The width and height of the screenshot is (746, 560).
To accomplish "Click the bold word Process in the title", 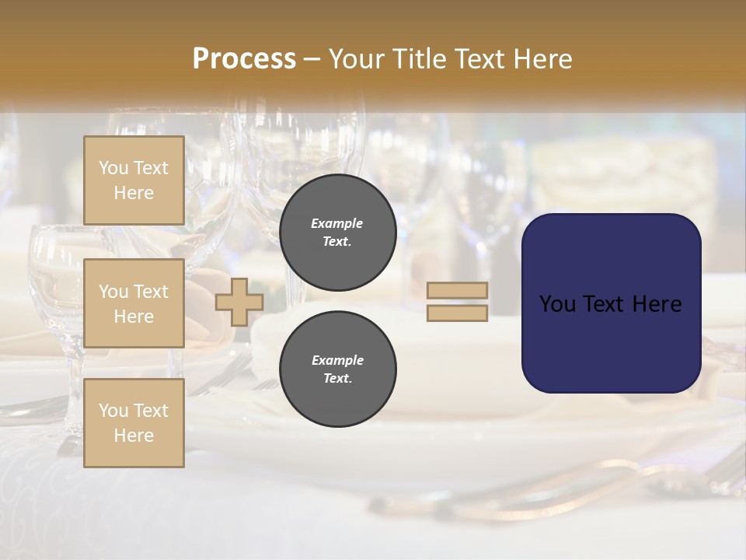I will click(244, 59).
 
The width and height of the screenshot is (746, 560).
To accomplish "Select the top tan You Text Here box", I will click(134, 180).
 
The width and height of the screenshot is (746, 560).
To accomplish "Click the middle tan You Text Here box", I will click(134, 303).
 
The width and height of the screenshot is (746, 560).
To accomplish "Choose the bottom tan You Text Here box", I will click(134, 423).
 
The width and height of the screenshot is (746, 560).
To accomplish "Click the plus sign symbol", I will click(239, 302).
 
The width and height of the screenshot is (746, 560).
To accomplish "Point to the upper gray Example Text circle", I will click(337, 232).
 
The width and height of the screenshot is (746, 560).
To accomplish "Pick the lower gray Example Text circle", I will click(337, 369).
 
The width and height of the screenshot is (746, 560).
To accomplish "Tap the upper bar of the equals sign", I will click(457, 291).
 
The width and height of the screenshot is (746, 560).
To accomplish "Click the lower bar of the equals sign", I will click(457, 313).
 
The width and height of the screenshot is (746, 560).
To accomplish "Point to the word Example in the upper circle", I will click(337, 223).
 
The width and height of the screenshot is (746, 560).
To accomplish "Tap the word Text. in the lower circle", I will click(337, 378).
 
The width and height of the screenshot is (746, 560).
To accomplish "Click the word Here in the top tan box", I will click(134, 193).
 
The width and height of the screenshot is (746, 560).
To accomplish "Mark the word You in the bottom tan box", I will click(113, 411).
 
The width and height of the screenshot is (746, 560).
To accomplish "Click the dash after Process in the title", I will click(312, 59).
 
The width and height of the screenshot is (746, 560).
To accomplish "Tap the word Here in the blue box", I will click(657, 304).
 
